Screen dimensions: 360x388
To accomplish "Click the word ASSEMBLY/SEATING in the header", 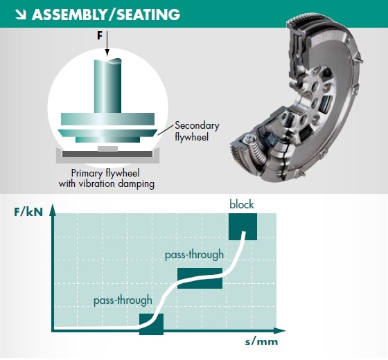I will tap(107, 13).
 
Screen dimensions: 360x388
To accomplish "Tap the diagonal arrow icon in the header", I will tap(16, 13).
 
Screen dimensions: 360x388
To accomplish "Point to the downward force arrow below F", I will tap(107, 47).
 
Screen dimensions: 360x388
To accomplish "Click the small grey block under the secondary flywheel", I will tap(107, 148).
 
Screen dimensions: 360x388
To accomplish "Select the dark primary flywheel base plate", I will tap(107, 154).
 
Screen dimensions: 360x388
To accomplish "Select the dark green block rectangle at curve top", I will tap(243, 226).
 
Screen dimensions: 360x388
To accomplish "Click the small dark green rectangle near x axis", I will tap(152, 324).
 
